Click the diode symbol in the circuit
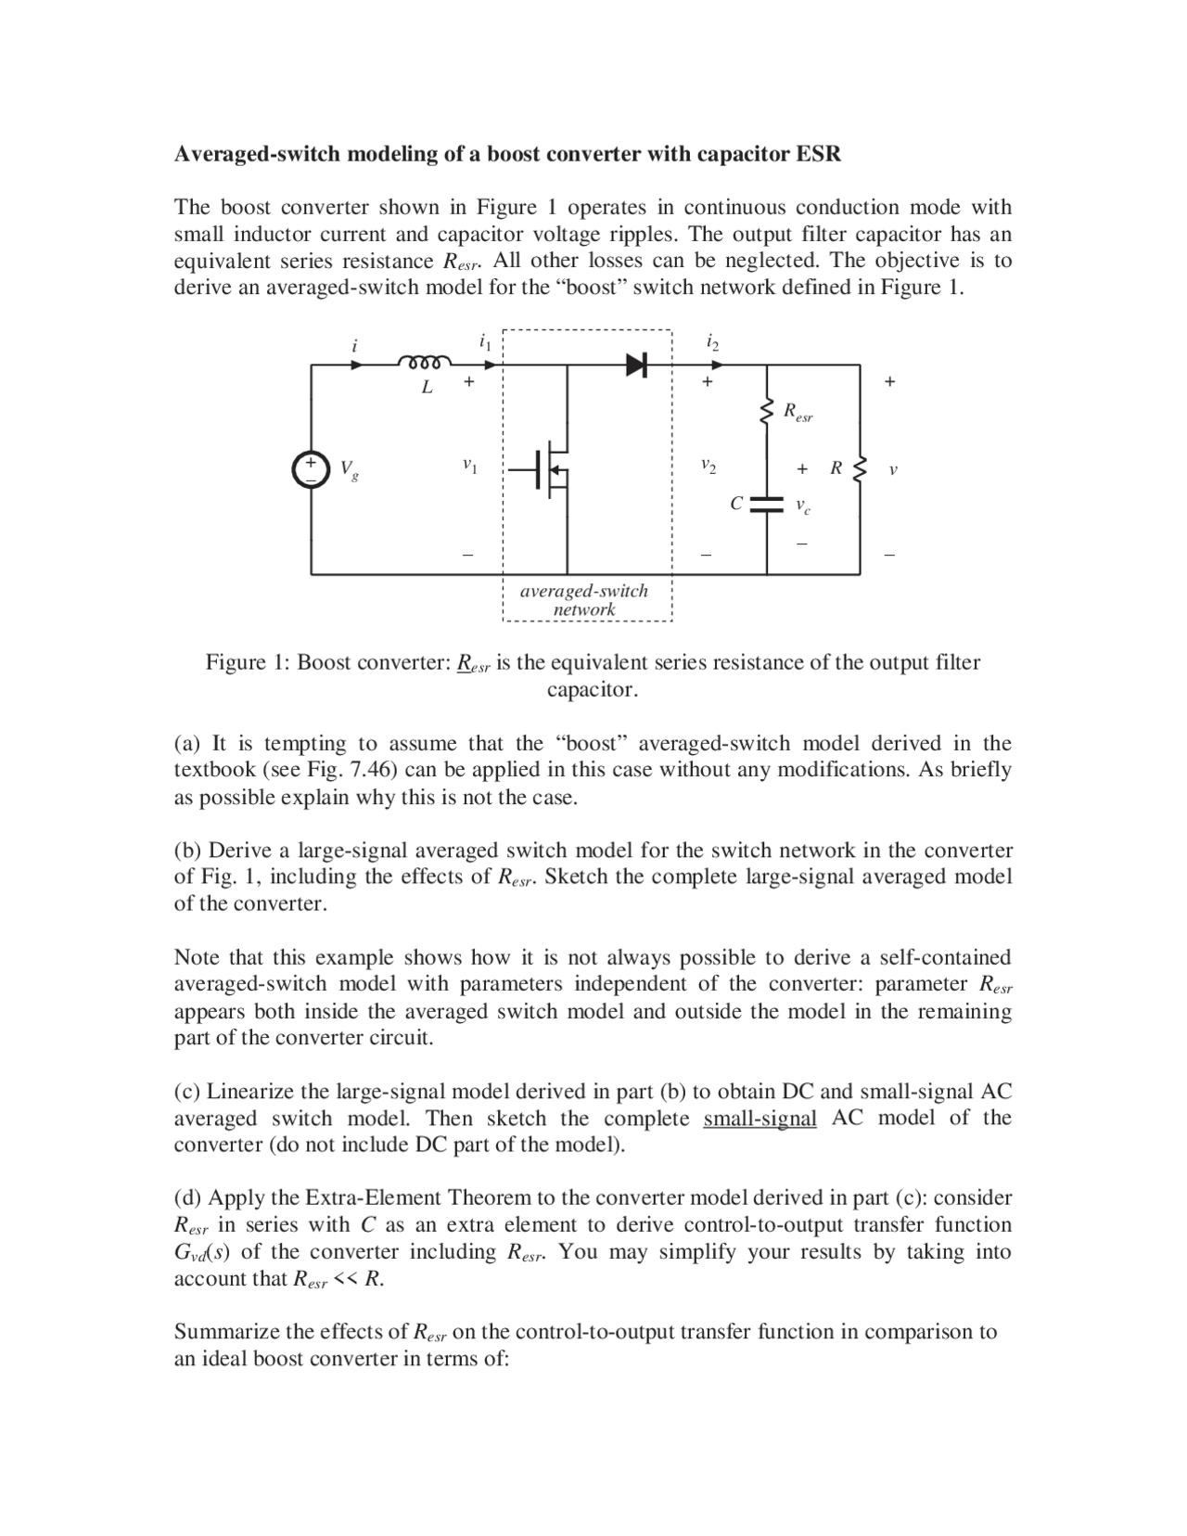[x=636, y=365]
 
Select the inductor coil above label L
[x=425, y=362]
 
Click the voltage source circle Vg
[x=311, y=469]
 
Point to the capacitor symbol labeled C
[x=767, y=505]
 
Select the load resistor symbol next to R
[x=860, y=469]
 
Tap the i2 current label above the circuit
[x=711, y=342]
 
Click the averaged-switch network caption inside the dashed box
[x=584, y=600]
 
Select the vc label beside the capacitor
[x=803, y=506]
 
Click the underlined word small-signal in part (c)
[x=759, y=1118]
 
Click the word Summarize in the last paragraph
[x=226, y=1332]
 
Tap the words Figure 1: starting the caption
[x=248, y=662]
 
